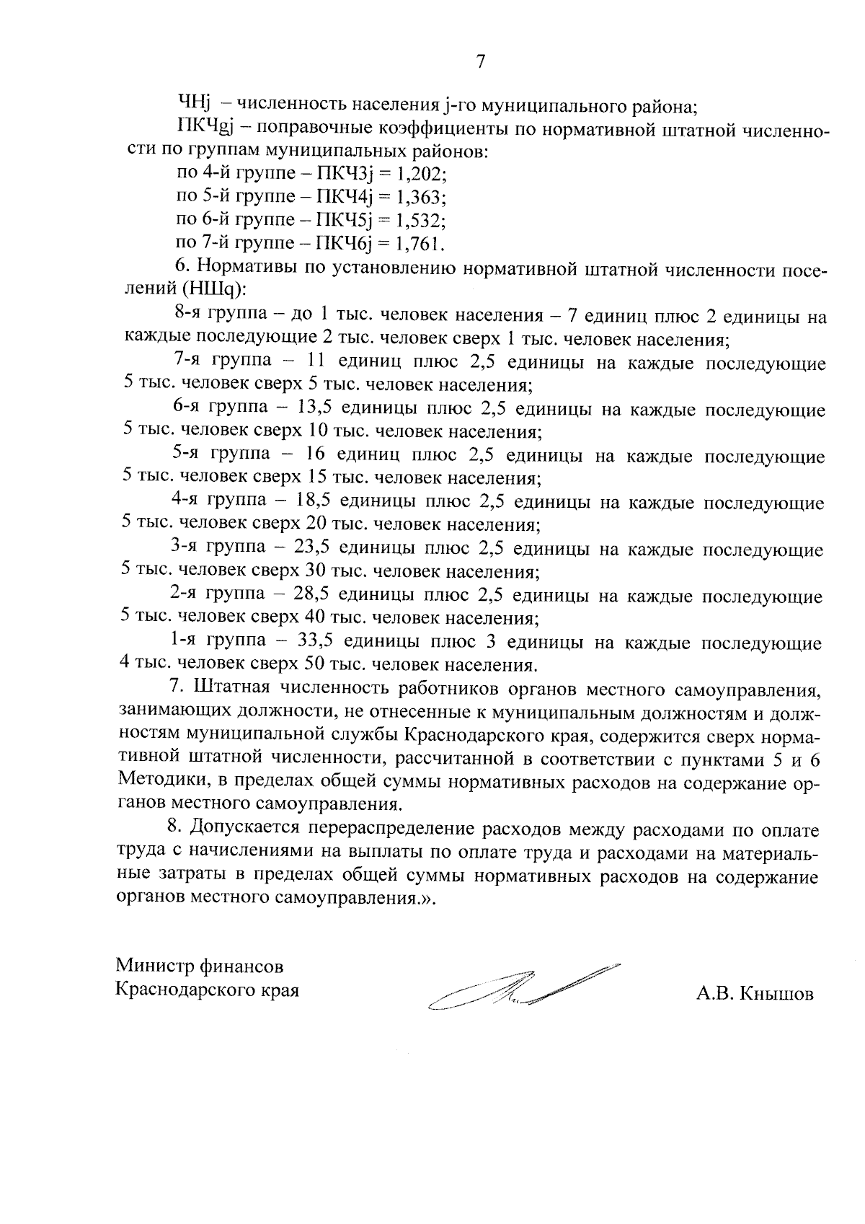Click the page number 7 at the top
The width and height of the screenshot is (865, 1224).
tap(480, 62)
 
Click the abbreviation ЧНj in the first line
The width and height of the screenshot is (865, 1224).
tap(192, 105)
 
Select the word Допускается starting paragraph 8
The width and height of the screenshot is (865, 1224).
tap(247, 829)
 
